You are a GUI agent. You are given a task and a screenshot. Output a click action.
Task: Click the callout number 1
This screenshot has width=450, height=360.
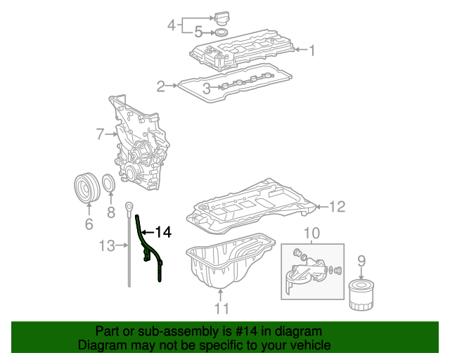312,50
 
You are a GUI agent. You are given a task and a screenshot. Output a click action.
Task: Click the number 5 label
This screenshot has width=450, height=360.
198,32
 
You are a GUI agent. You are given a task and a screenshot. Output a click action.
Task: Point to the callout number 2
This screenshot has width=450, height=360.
161,86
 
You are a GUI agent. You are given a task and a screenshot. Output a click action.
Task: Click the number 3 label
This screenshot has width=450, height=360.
207,88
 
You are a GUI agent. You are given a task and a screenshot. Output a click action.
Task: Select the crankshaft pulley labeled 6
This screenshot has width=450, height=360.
89,188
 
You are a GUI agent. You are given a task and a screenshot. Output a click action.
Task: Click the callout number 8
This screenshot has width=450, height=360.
110,212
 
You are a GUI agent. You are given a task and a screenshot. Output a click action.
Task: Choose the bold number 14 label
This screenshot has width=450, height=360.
163,231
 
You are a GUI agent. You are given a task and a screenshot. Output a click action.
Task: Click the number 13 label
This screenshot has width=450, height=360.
107,245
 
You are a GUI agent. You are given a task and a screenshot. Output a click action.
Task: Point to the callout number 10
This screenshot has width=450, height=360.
311,233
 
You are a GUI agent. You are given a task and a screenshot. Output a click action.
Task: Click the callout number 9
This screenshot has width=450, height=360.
361,262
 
